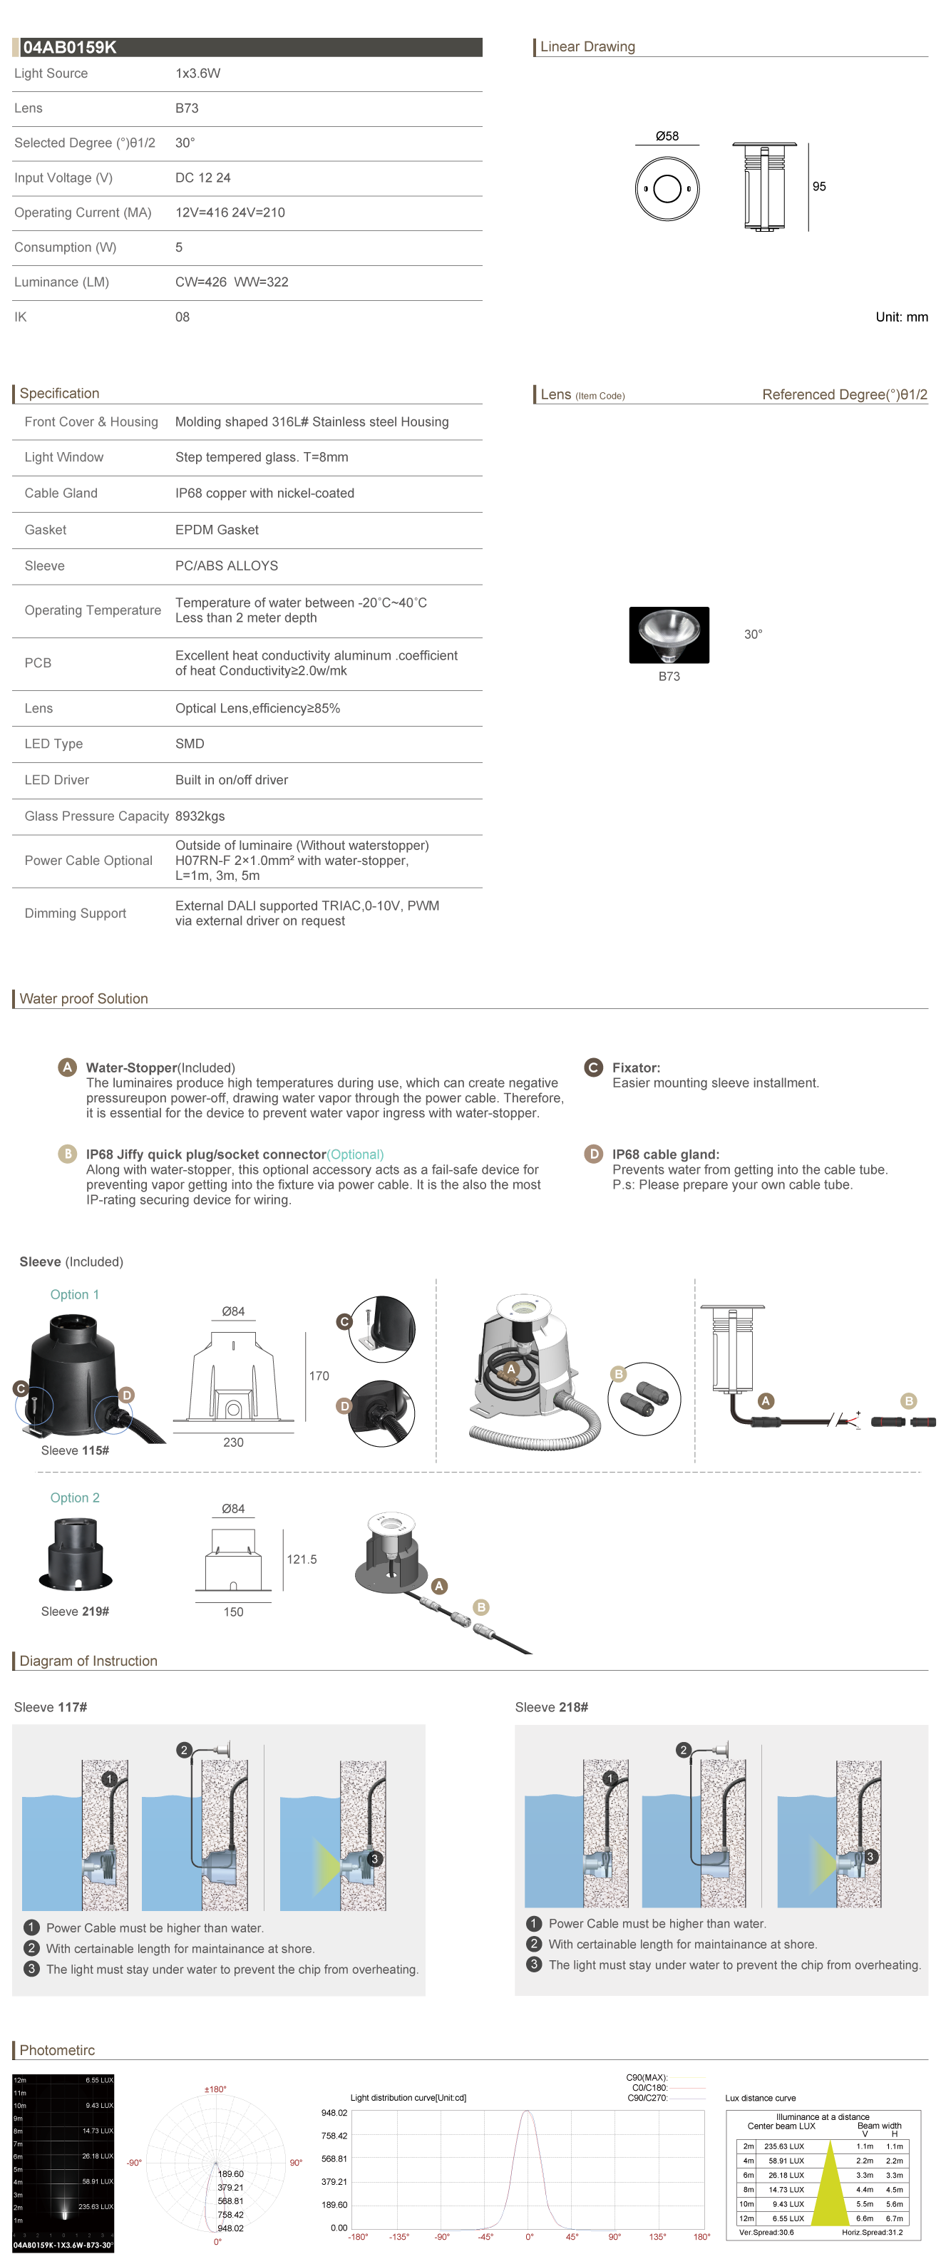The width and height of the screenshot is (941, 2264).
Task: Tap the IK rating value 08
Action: click(182, 317)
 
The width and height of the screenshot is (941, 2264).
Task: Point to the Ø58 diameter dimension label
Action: click(667, 136)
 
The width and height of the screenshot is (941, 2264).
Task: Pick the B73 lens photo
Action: click(669, 635)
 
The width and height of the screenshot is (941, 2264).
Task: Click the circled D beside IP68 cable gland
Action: click(594, 1154)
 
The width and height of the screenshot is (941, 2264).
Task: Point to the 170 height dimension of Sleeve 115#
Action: click(319, 1376)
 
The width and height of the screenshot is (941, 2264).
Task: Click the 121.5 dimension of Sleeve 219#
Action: click(302, 1560)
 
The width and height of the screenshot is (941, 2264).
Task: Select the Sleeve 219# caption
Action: click(75, 1612)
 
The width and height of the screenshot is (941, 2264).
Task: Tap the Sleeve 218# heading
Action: click(551, 1708)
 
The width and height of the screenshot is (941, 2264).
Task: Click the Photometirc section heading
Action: click(57, 2050)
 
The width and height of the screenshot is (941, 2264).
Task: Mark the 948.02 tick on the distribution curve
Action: click(334, 2113)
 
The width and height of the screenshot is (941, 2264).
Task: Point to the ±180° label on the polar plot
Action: click(215, 2089)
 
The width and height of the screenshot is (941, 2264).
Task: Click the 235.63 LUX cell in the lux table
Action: click(783, 2146)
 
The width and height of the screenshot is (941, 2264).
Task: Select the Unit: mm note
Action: click(902, 317)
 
